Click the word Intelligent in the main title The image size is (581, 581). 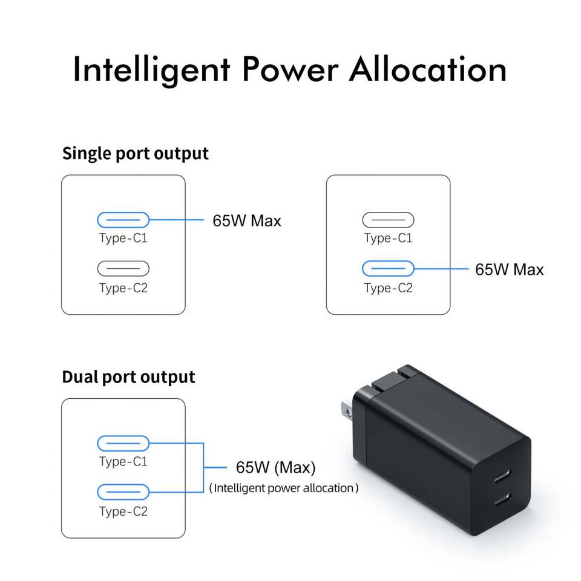[151, 70]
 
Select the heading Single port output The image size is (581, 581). [135, 153]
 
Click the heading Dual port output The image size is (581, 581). [128, 377]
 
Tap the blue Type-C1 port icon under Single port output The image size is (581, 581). [123, 220]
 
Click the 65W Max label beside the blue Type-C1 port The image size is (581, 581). [246, 221]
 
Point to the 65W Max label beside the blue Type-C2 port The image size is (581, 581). [509, 269]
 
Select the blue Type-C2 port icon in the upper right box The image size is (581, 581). [388, 268]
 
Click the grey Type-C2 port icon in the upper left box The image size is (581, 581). [123, 268]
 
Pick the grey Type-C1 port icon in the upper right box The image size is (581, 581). [388, 220]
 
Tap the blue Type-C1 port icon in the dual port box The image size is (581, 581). [123, 443]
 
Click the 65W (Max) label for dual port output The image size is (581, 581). [275, 468]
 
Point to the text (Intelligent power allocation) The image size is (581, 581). [283, 488]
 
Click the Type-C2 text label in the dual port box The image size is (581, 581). [123, 512]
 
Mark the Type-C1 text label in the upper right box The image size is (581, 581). [388, 238]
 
